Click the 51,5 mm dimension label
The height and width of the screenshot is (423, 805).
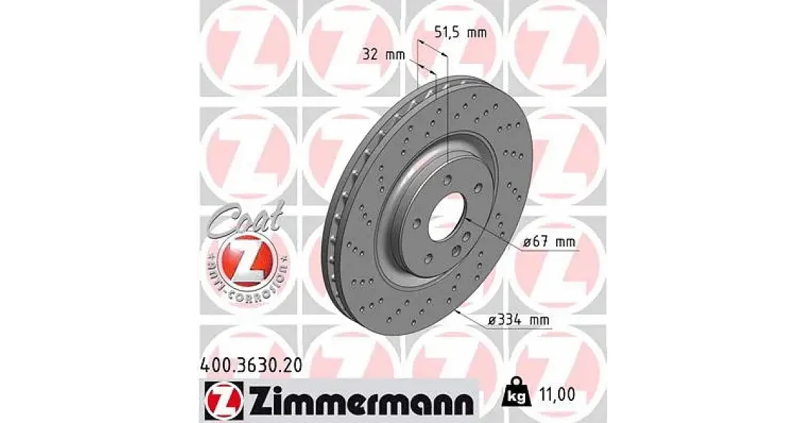pyautogui.click(x=460, y=33)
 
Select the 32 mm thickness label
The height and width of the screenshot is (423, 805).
pyautogui.click(x=384, y=55)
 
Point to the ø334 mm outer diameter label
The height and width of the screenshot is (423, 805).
pyautogui.click(x=519, y=320)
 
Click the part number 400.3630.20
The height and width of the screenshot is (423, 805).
pyautogui.click(x=251, y=365)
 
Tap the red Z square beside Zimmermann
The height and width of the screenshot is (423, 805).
pyautogui.click(x=224, y=401)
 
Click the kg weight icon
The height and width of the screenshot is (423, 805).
pyautogui.click(x=516, y=395)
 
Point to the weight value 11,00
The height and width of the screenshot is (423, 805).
pyautogui.click(x=557, y=395)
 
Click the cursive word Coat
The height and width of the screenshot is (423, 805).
pyautogui.click(x=244, y=220)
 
